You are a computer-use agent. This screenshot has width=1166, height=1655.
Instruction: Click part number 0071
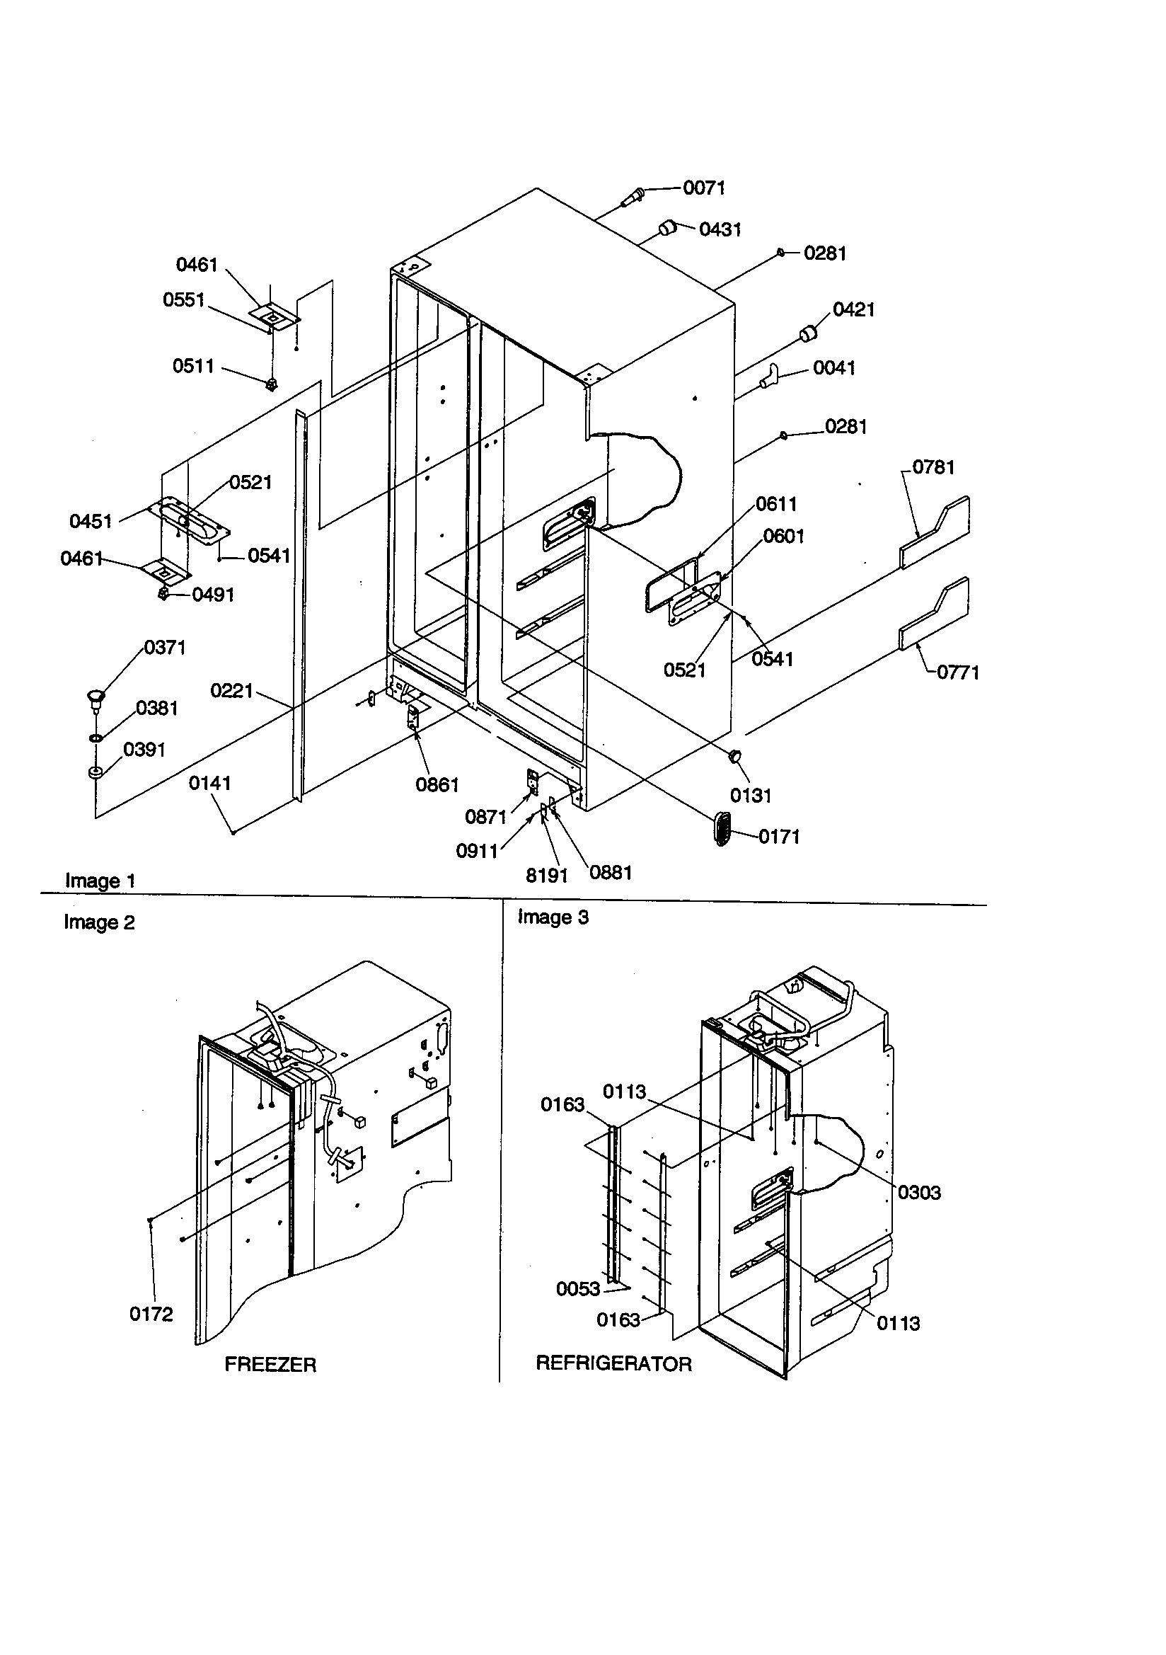703,188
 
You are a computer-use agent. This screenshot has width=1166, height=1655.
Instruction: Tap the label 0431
720,230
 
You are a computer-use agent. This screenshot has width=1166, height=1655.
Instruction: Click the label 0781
933,468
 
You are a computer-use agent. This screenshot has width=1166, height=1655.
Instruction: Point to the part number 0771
958,672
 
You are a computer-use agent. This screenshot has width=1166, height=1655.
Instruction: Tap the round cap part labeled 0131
736,756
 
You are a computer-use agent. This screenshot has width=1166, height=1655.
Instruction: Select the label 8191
546,876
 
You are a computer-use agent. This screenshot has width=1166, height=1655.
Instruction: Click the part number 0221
231,692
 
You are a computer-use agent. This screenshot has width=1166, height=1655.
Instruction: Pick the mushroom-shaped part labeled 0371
95,697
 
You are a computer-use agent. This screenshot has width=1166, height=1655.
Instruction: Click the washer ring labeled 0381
95,739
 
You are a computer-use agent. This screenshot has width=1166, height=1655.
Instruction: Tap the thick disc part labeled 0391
95,774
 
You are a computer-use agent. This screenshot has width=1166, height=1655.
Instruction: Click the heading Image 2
99,922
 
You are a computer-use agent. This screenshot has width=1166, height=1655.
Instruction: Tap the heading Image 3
553,917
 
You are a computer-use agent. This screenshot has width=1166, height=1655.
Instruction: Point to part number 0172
151,1315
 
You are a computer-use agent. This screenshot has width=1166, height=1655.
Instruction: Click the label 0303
919,1193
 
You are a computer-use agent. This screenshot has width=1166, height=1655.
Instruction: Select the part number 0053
577,1290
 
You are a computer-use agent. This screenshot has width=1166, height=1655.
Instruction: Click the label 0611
775,505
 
